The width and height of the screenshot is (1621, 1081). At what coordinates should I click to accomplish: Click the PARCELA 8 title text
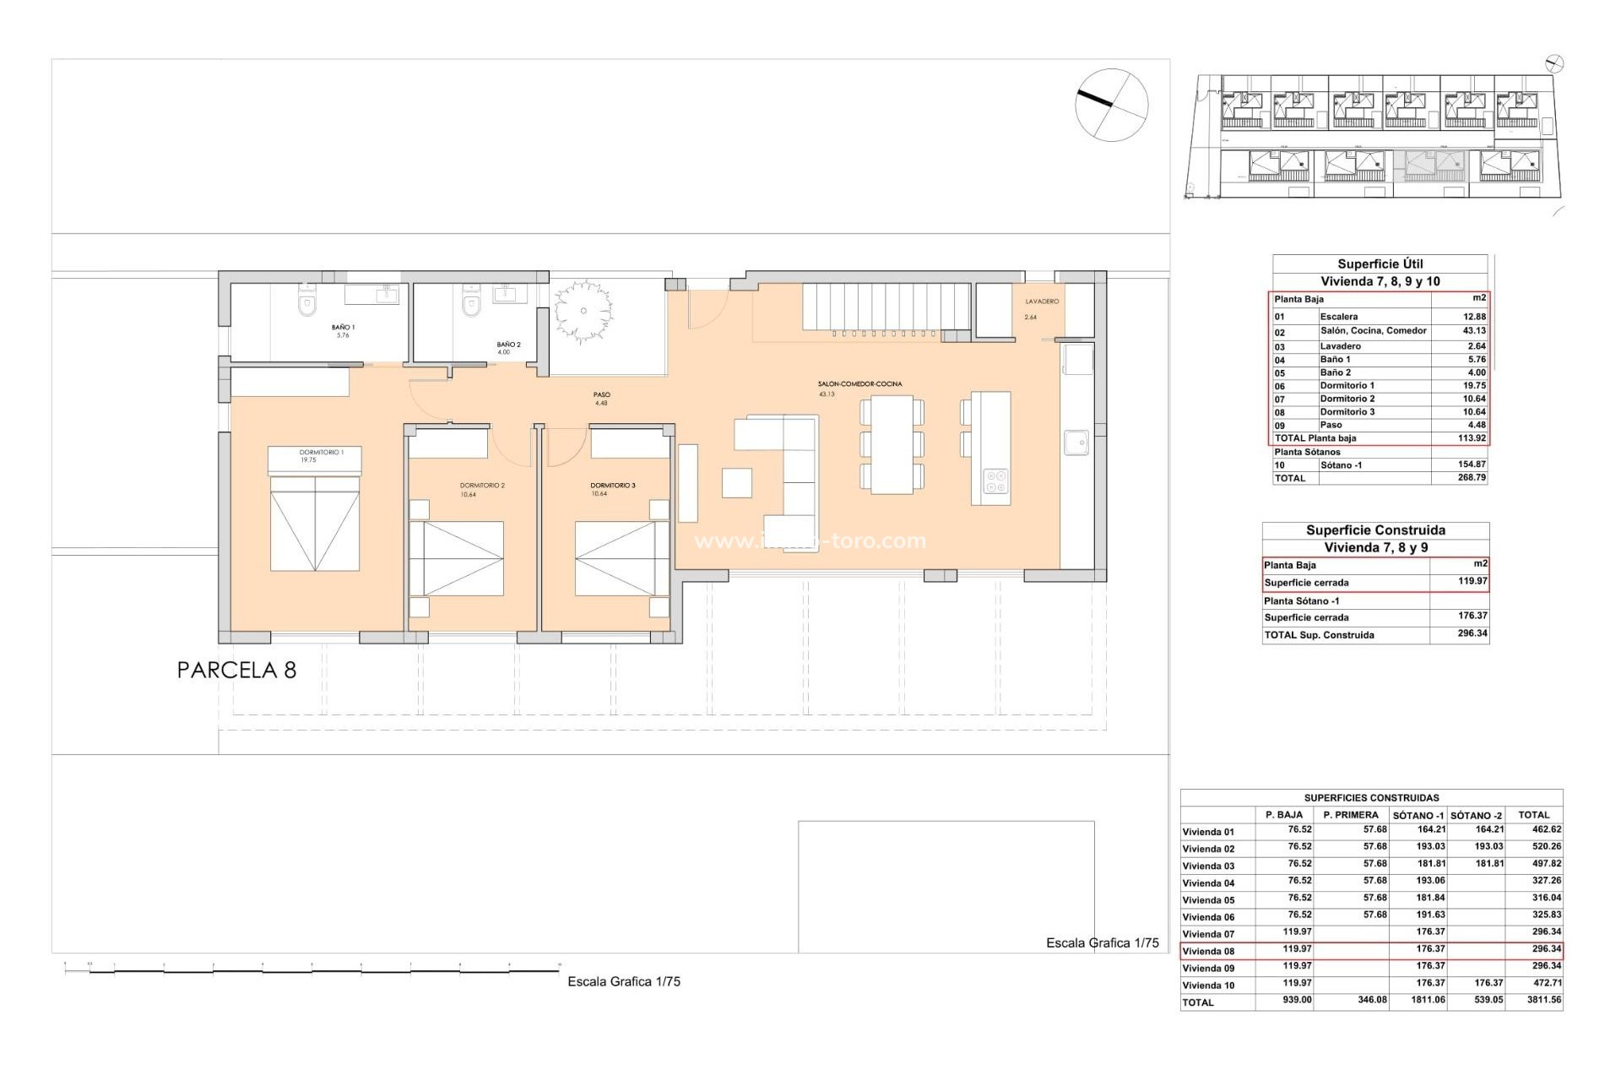point(236,671)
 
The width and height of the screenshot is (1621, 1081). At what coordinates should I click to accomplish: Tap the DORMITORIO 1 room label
point(321,453)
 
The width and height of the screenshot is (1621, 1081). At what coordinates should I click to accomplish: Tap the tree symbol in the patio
point(582,310)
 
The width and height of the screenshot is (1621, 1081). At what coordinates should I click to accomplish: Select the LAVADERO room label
point(1042,301)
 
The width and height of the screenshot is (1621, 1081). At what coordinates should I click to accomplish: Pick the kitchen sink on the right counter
point(1076,443)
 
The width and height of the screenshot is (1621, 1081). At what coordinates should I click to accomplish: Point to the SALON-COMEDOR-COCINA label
point(859,384)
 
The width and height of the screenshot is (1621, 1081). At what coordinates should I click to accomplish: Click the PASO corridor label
point(601,394)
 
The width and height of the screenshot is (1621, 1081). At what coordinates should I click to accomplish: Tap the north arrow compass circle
point(1111,104)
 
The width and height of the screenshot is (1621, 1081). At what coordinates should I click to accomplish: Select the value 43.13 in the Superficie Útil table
point(1473,331)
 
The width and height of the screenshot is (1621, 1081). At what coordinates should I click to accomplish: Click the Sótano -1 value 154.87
point(1471,464)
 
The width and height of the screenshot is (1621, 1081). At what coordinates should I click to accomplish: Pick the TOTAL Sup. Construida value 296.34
point(1472,633)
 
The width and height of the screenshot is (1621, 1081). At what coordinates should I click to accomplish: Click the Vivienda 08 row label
point(1208,951)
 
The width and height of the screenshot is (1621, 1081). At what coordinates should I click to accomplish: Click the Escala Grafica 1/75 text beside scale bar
point(623,981)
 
